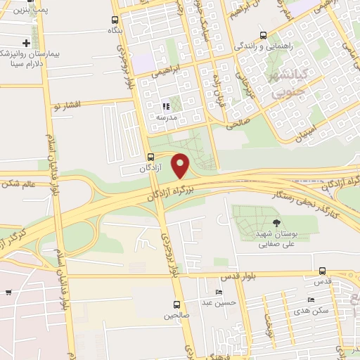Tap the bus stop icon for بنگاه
point(115,20)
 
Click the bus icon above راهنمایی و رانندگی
point(263,35)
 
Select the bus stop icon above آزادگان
point(150,156)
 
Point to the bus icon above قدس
point(322,271)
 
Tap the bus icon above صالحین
point(176,304)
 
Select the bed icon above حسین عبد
point(220,292)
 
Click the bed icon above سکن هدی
point(311,300)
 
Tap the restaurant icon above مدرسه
point(165,106)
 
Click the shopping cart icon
point(8,292)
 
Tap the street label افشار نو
point(67,105)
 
